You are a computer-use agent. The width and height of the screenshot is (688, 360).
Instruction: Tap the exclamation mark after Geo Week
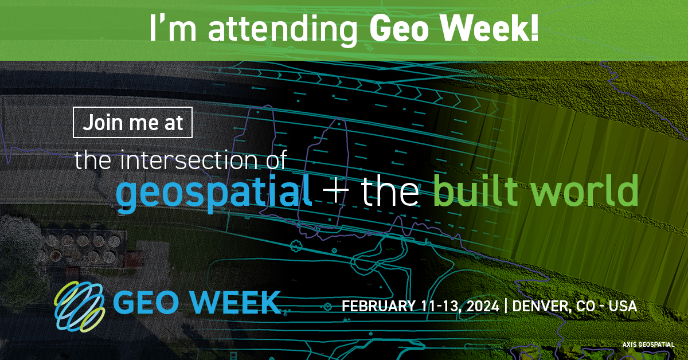click(533, 29)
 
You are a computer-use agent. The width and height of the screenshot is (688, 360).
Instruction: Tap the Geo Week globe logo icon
click(80, 306)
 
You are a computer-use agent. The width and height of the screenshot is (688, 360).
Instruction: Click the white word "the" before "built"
click(390, 192)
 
